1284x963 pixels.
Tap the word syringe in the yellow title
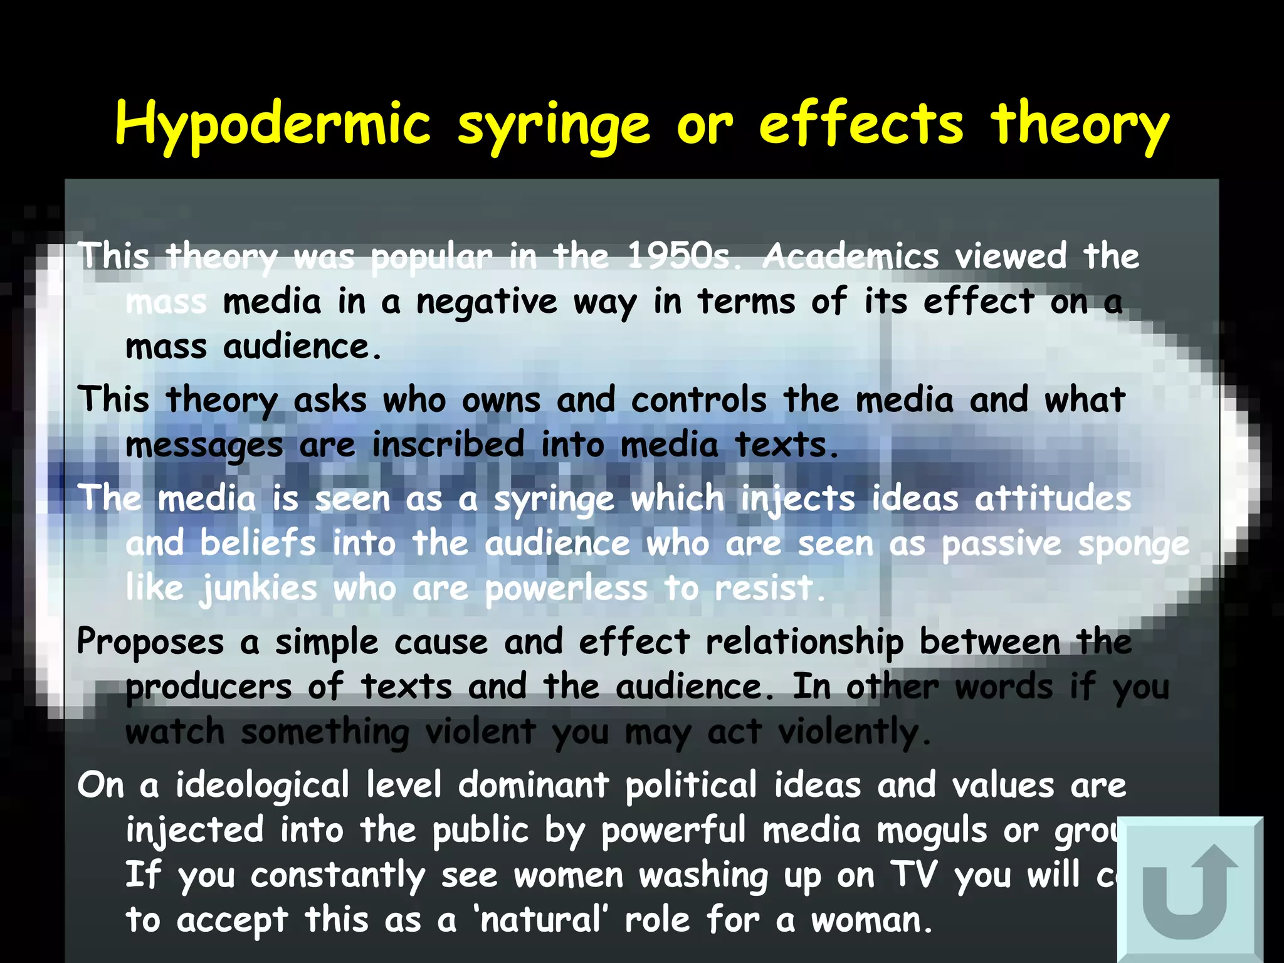554,125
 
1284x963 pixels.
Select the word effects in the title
861,124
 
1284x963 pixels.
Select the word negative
487,302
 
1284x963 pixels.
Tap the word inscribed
448,445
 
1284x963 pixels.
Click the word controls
698,400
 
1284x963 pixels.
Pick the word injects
797,500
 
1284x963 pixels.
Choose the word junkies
258,589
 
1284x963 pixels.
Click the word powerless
566,589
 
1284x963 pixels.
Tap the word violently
854,732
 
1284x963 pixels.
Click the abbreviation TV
914,875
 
